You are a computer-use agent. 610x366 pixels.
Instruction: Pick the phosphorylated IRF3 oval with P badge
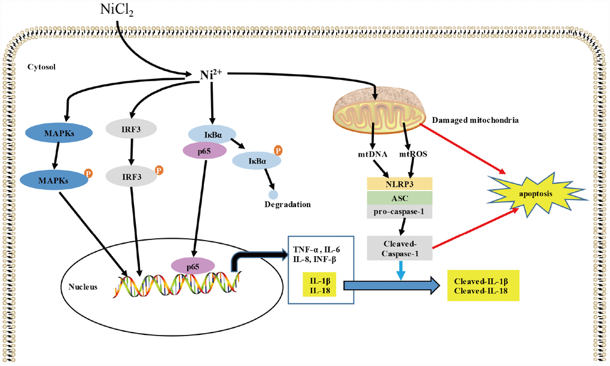pos(132,177)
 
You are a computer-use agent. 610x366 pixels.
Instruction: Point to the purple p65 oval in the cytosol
pos(203,151)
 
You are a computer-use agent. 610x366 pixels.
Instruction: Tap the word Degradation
pos(288,204)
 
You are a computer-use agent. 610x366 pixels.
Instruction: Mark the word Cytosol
pos(41,66)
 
